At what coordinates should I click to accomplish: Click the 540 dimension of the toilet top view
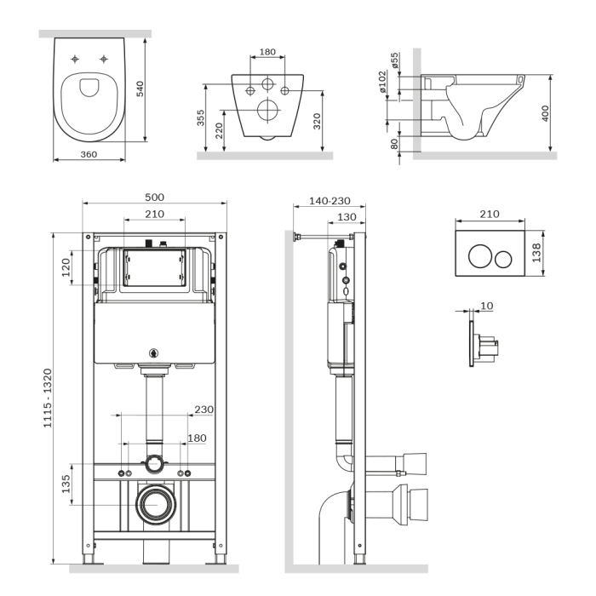tap(153, 89)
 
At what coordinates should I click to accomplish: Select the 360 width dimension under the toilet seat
tap(89, 155)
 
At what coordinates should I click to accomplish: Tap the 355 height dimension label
tap(201, 117)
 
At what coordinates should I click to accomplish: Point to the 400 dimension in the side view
tap(547, 112)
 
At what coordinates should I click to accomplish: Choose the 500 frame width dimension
tap(154, 197)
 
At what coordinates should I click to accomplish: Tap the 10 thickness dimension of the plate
tap(486, 305)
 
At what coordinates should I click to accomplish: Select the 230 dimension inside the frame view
tap(204, 410)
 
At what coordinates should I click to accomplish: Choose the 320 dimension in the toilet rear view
tap(317, 119)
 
